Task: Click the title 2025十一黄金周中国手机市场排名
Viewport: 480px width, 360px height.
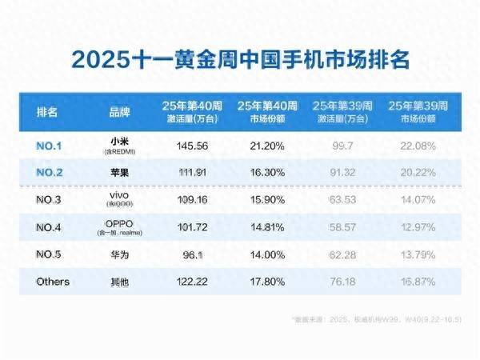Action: (x=240, y=59)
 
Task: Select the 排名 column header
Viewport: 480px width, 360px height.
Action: (x=48, y=111)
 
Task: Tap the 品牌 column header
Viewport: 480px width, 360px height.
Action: (x=119, y=111)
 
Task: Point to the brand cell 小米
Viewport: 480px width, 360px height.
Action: (x=120, y=142)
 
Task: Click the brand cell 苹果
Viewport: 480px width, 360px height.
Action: (x=120, y=170)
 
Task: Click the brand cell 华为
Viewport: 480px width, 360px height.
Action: (x=120, y=254)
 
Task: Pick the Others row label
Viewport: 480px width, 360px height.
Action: (x=53, y=282)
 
